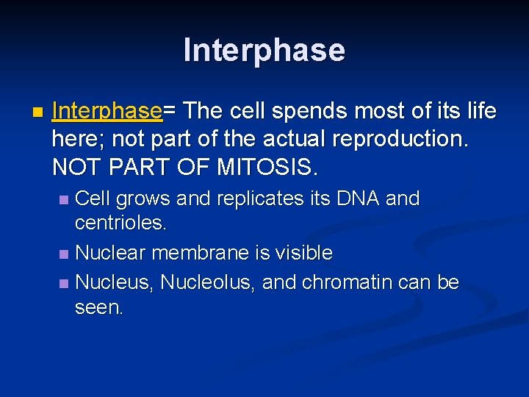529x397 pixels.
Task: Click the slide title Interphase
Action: [264, 50]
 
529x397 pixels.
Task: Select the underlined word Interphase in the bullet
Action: [107, 111]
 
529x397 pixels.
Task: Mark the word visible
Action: [303, 253]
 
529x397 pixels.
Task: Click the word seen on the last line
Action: [99, 308]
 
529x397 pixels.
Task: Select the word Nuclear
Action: [112, 253]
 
